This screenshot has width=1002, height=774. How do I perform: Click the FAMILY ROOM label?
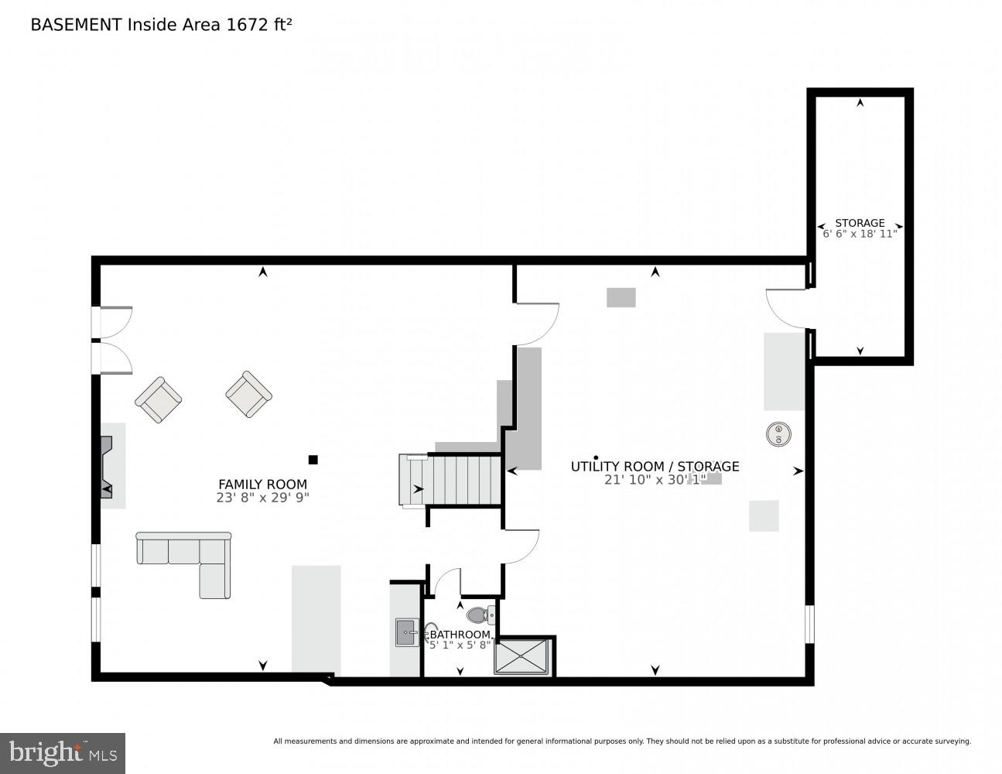coord(262,485)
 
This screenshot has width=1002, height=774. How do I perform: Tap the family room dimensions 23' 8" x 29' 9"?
coord(262,498)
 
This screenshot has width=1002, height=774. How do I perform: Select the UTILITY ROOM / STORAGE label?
coord(655,466)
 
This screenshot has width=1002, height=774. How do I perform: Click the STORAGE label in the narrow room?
coord(860,223)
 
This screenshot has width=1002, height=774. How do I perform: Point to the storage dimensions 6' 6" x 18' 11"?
coord(860,234)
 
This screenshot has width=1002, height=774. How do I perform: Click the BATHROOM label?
coord(460,635)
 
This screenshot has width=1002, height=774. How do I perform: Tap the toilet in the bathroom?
coord(477,615)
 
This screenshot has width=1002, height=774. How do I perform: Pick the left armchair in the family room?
coord(159,399)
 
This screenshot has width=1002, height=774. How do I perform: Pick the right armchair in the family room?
coord(248,394)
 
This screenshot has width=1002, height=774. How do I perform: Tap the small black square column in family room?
coord(313,460)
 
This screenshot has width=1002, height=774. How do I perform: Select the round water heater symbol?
coord(778,434)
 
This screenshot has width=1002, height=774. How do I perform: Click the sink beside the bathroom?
coord(406,632)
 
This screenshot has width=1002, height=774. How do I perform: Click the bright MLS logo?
coord(63,752)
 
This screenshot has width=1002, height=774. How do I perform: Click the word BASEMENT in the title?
coord(76,25)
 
